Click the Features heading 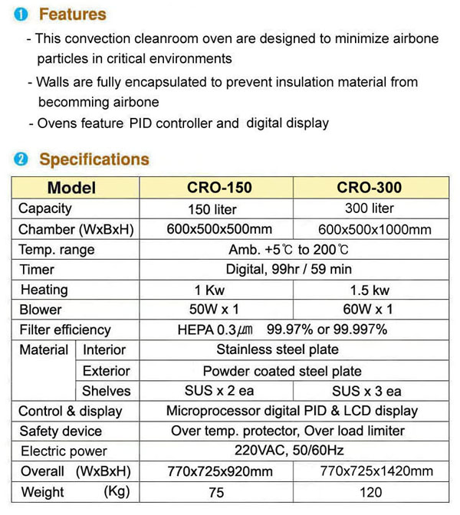(73, 14)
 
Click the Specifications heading (94, 159)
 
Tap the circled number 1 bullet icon (21, 14)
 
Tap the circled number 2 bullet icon (21, 159)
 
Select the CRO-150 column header (219, 188)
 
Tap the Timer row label (37, 270)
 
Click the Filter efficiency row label (65, 330)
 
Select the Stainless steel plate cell (287, 350)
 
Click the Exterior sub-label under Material (106, 371)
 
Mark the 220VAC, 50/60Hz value (288, 451)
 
